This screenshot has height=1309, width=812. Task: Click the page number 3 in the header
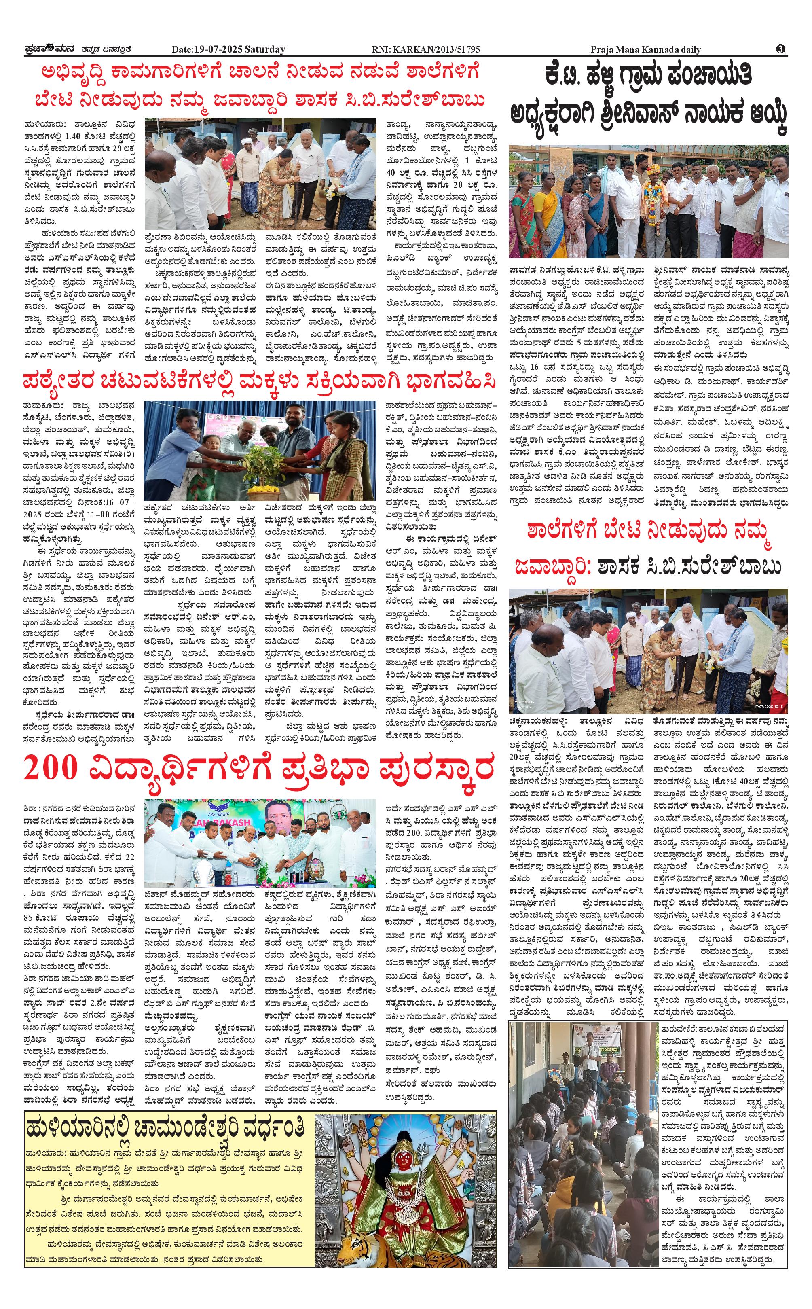tap(780, 49)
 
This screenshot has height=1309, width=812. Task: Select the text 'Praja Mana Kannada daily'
tap(645, 49)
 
